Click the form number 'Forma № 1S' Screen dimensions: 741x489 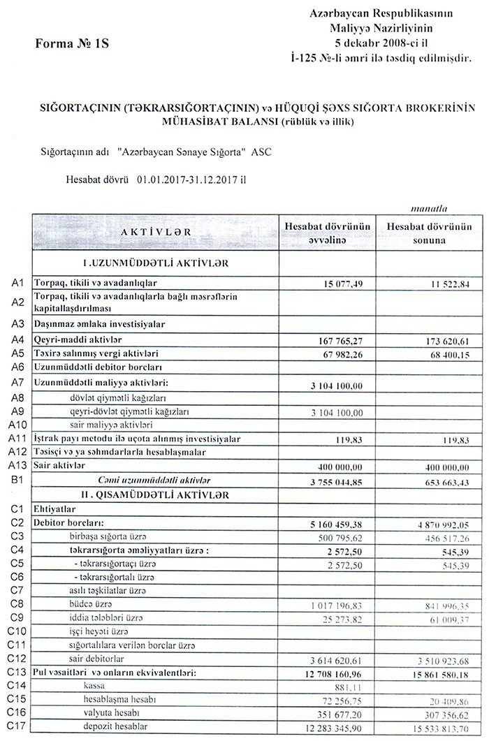pos(73,43)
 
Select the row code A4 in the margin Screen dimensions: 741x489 pos(18,339)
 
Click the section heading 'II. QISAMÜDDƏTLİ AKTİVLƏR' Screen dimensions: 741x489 pos(154,494)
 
